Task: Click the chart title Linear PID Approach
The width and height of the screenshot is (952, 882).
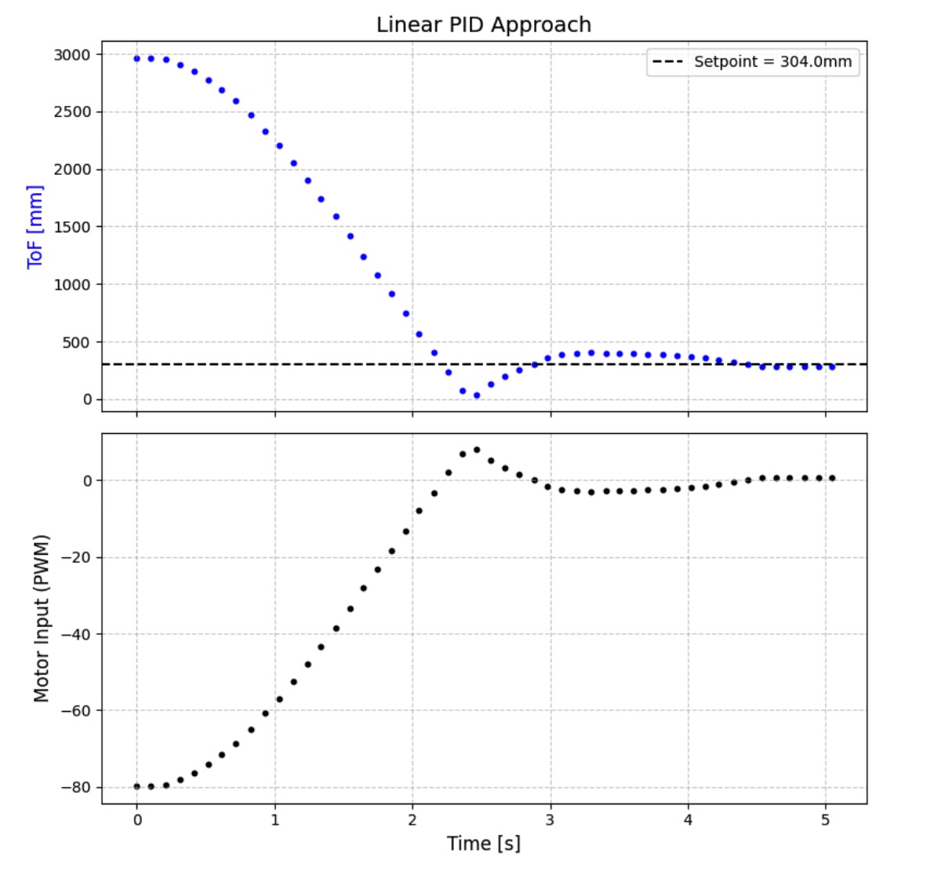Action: tap(483, 25)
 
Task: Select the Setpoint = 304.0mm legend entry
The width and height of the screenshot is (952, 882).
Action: tap(772, 62)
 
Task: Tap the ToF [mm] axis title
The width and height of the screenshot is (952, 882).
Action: tap(35, 227)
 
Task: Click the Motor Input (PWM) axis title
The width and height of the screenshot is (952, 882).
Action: tap(42, 618)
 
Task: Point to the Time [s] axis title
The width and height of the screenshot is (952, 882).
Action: tap(483, 844)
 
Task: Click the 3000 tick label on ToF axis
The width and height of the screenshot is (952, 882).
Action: tap(72, 55)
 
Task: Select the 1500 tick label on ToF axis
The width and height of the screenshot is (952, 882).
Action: tap(72, 227)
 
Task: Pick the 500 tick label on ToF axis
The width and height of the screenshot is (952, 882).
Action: tap(77, 342)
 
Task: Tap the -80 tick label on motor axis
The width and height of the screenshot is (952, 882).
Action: tap(75, 787)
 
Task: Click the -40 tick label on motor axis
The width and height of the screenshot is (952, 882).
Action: tap(75, 634)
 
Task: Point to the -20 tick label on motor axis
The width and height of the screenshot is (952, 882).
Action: tap(75, 557)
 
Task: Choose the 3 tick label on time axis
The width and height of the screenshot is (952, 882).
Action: tap(550, 820)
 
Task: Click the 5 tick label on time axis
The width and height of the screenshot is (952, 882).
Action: tap(825, 820)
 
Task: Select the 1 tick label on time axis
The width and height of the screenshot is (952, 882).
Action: tap(274, 820)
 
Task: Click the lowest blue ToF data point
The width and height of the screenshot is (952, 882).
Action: tap(476, 395)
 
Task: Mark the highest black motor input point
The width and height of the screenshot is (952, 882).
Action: tap(476, 450)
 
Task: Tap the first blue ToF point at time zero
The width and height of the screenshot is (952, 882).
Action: tap(136, 58)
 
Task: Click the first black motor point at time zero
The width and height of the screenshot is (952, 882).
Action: tap(136, 786)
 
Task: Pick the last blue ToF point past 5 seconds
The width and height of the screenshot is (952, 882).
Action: tap(832, 366)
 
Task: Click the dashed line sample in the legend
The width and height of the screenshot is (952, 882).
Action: tap(668, 62)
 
